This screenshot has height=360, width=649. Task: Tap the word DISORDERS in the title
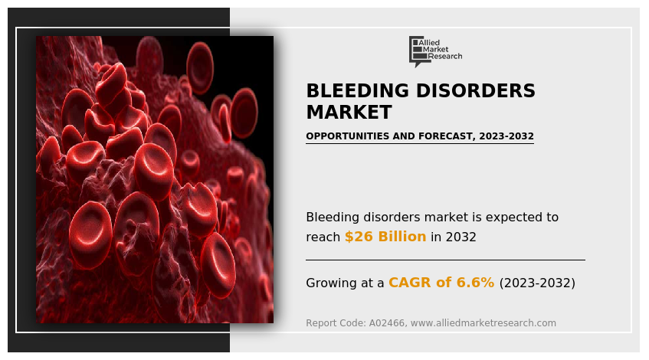pyautogui.click(x=471, y=91)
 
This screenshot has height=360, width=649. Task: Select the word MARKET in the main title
pyautogui.click(x=349, y=113)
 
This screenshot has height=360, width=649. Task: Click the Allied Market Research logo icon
pyautogui.click(x=418, y=51)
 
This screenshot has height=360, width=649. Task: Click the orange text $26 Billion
pyautogui.click(x=385, y=237)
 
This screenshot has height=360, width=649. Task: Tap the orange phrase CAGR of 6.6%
pyautogui.click(x=441, y=283)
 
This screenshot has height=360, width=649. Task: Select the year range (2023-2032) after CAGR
pyautogui.click(x=537, y=283)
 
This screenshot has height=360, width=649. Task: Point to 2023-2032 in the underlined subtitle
pyautogui.click(x=506, y=136)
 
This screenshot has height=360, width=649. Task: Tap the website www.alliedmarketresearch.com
pyautogui.click(x=483, y=323)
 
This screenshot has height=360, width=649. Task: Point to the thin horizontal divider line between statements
pyautogui.click(x=445, y=260)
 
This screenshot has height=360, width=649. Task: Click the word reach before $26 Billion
pyautogui.click(x=323, y=237)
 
